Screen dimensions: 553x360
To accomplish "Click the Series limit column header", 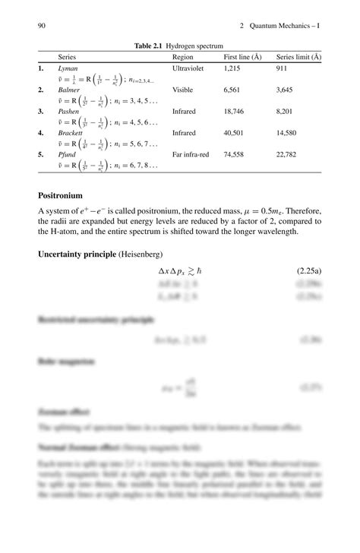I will [x=298, y=57].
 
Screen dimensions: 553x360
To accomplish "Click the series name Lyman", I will [x=68, y=68].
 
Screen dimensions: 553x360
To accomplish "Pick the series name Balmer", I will [x=69, y=90].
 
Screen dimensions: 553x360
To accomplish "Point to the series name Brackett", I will [x=71, y=132].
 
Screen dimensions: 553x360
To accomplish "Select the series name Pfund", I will [x=68, y=154].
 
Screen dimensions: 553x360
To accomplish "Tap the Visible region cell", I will [x=183, y=90].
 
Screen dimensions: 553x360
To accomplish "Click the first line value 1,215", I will [x=232, y=68].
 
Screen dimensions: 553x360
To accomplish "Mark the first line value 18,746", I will [x=234, y=111].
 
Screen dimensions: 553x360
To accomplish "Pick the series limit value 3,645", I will [x=285, y=90].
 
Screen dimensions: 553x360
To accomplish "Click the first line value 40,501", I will [x=234, y=132].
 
